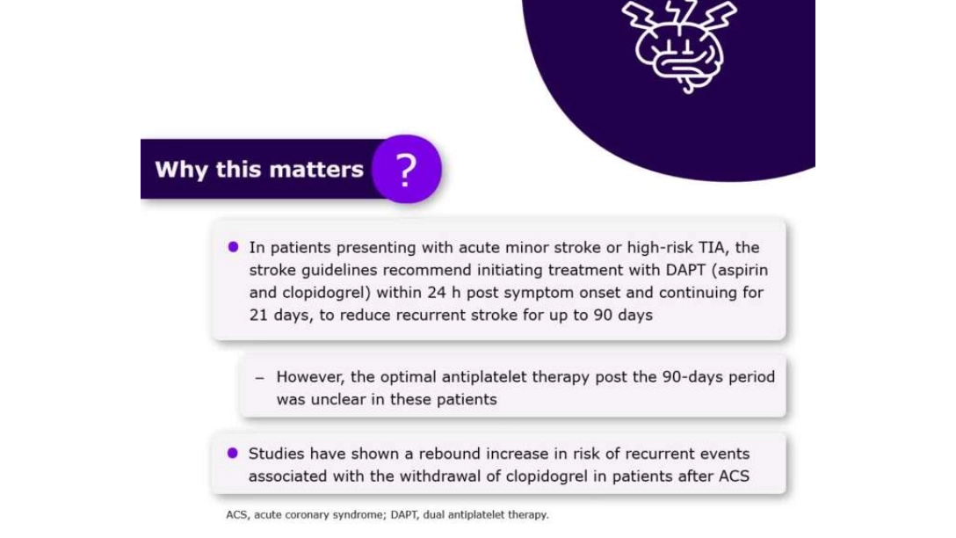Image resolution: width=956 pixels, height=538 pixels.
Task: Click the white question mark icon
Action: (x=405, y=169)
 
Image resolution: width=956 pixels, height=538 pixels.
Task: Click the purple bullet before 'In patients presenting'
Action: (x=233, y=247)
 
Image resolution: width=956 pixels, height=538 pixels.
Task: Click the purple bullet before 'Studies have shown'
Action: (x=233, y=453)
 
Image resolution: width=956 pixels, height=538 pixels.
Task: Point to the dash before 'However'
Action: (x=259, y=377)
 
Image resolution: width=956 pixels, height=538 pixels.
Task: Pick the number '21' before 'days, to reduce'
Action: (x=258, y=315)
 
